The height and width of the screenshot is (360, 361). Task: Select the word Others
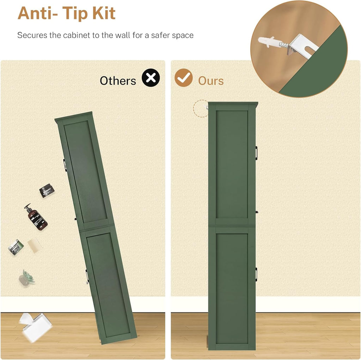[x=118, y=81]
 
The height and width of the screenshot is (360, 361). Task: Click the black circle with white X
[x=151, y=78]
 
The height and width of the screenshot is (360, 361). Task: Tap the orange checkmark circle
[x=183, y=78]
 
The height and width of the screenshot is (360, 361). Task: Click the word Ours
[x=211, y=81]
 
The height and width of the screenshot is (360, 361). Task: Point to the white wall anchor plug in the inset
[x=268, y=42]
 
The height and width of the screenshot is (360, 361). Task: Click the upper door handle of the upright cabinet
[x=256, y=153]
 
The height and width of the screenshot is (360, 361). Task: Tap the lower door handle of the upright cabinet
[x=256, y=274]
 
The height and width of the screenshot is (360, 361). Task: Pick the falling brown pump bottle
[x=36, y=217]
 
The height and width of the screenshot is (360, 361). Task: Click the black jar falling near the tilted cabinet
[x=47, y=191]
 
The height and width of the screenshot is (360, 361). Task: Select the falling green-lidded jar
[x=16, y=247]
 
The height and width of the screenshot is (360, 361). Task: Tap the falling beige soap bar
[x=35, y=245]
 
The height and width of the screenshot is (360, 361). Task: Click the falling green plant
[x=27, y=278]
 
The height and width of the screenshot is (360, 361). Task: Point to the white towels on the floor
[x=36, y=327]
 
